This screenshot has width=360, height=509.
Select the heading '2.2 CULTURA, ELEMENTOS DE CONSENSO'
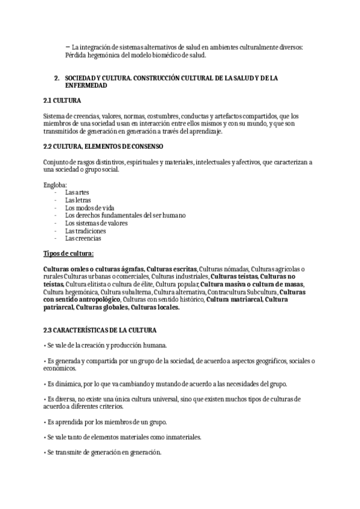pyautogui.click(x=103, y=146)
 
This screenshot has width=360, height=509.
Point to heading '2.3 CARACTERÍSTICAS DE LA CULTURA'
pyautogui.click(x=100, y=330)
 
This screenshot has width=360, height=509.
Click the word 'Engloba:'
pyautogui.click(x=55, y=184)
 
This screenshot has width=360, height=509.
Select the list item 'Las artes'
pyautogui.click(x=77, y=192)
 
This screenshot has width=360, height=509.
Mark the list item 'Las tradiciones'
pyautogui.click(x=85, y=231)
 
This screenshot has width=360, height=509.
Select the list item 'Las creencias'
pyautogui.click(x=83, y=238)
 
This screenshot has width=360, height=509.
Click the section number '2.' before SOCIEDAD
pyautogui.click(x=56, y=78)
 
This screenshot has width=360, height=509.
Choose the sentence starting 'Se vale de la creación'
pyautogui.click(x=107, y=345)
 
